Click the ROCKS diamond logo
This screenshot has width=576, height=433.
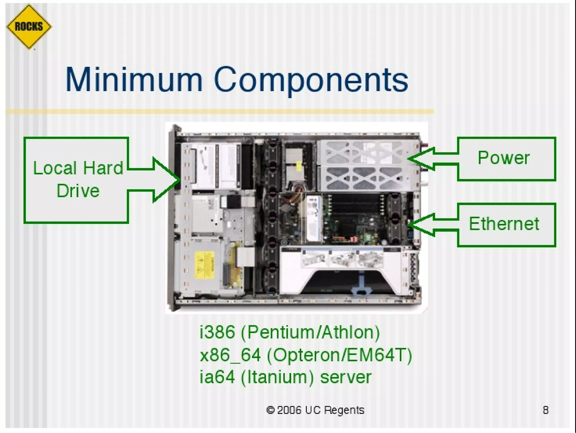click(x=29, y=27)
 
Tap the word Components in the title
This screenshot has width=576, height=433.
click(x=311, y=80)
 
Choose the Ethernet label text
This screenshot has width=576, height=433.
click(x=504, y=224)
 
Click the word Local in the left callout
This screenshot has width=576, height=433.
click(x=55, y=168)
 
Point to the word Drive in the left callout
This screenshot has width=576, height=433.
click(x=78, y=191)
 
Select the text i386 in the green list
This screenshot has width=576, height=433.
click(x=217, y=332)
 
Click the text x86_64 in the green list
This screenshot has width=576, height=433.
click(x=230, y=355)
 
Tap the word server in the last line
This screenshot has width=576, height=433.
click(x=346, y=377)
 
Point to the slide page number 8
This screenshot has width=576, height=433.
click(x=546, y=410)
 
